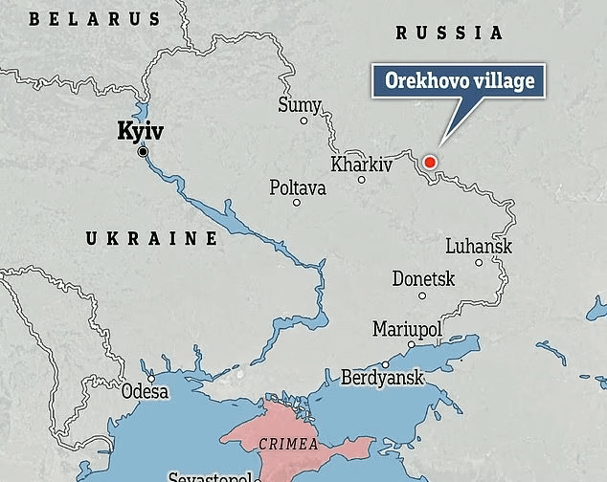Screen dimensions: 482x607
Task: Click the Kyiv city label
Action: pos(139,131)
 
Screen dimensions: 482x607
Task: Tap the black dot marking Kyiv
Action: pos(143,152)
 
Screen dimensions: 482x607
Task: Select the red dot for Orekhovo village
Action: pos(429,162)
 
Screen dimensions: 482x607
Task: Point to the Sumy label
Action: pos(298,105)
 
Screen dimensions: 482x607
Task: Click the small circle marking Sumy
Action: pos(304,120)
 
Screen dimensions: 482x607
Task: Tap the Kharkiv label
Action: pos(361,164)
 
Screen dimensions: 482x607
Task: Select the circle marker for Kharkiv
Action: pos(362,180)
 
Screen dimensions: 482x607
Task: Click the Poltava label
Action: pos(297,187)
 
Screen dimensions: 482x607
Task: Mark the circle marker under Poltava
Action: pos(297,203)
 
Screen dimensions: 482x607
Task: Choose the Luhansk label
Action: pos(479,247)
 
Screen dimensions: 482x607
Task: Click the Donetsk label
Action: pos(423,279)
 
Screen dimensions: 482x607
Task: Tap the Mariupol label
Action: pos(407,330)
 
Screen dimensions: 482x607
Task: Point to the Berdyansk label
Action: pos(382,378)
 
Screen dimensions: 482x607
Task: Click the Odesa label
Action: pos(145,391)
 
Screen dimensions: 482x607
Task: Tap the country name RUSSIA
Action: pos(449,33)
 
